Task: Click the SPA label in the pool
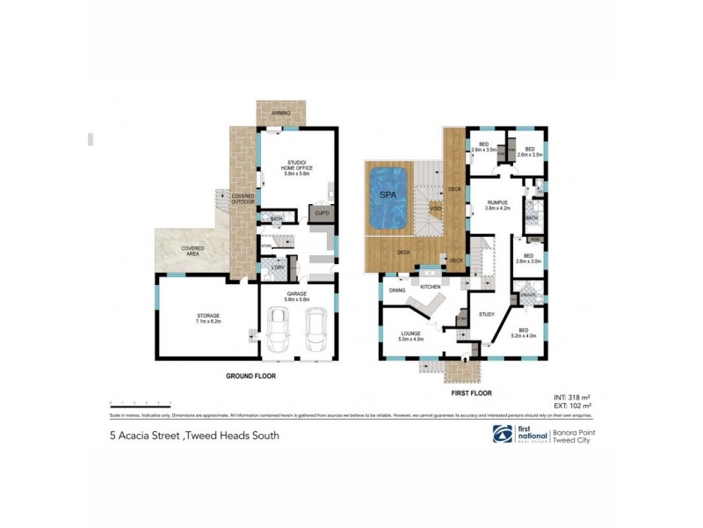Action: pos(387,193)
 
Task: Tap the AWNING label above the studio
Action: pos(281,111)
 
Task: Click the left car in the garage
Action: pos(279,332)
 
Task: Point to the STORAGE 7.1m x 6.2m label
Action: pos(208,317)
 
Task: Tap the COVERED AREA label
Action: pos(193,251)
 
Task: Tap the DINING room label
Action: pos(397,290)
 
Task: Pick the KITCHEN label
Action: pos(430,287)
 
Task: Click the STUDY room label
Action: pos(487,313)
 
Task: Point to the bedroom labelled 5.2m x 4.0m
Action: pos(525,334)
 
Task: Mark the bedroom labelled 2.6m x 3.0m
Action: pos(527,259)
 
